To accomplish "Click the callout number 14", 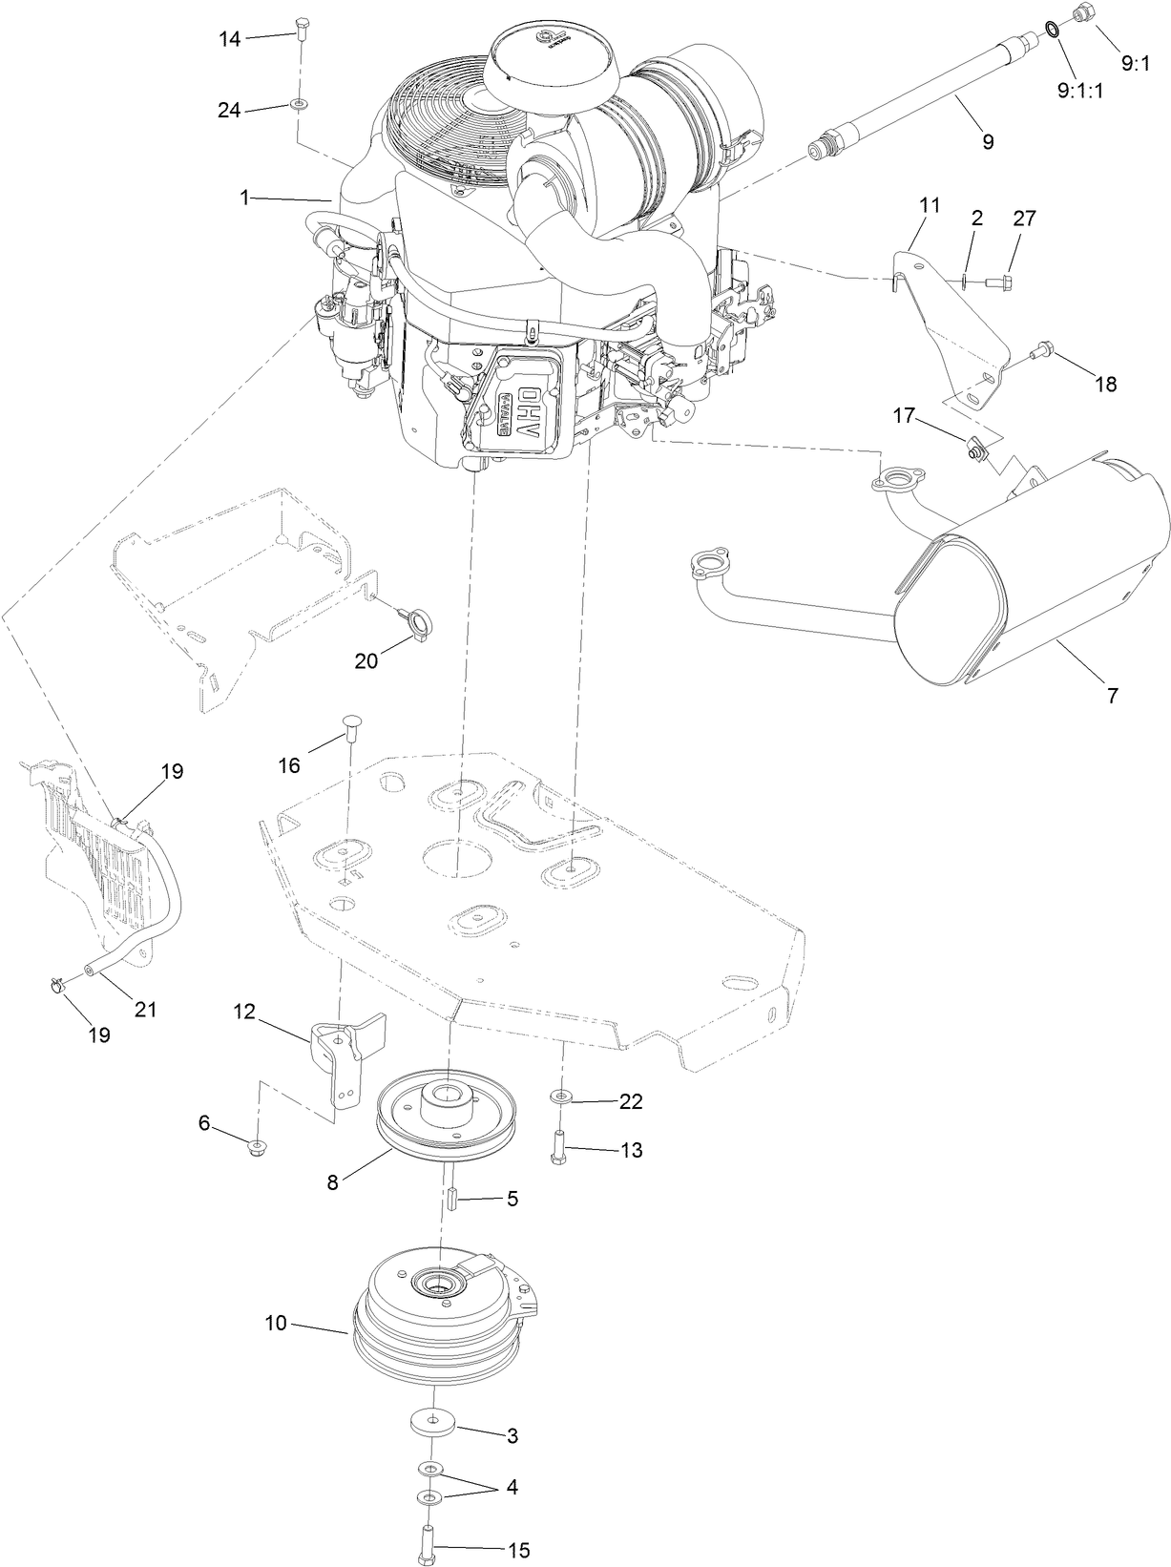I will point(230,38).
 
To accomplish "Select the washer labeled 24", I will point(300,102).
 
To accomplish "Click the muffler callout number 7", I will point(1112,696).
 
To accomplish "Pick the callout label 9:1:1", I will point(1080,92).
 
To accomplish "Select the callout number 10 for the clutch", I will point(276,1325).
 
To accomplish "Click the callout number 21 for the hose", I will point(145,1008).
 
